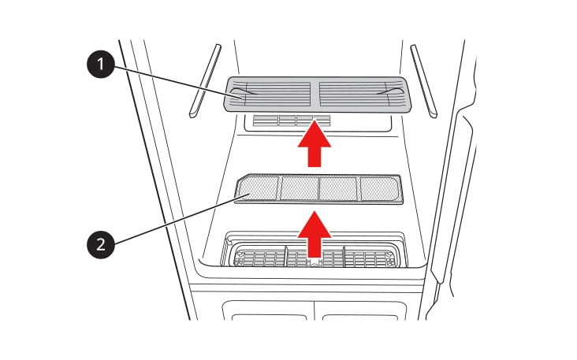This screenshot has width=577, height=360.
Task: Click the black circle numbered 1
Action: (100, 64)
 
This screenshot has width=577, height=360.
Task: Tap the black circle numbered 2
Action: (100, 244)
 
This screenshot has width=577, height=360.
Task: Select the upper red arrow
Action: (315, 143)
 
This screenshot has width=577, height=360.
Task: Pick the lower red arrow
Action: (315, 234)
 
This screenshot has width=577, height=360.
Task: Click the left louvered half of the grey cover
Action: (271, 94)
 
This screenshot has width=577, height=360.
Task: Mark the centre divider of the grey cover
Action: (315, 94)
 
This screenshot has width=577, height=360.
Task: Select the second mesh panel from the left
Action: (300, 188)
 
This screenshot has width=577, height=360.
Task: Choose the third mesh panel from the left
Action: (338, 188)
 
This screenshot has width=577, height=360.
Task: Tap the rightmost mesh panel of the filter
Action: (379, 189)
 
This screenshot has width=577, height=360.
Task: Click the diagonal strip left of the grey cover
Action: (205, 81)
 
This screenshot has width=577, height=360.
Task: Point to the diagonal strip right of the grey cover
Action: (424, 81)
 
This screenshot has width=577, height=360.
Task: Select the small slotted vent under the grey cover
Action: (292, 121)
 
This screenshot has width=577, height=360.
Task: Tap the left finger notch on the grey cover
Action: (246, 91)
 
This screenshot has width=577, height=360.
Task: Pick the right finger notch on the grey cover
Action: (389, 91)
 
